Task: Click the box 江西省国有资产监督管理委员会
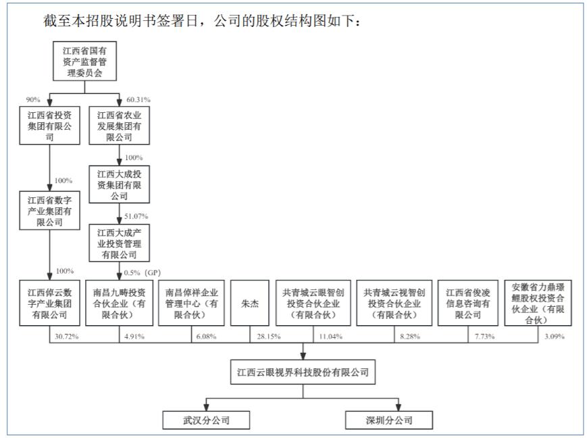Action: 84,62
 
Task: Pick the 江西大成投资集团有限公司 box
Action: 119,185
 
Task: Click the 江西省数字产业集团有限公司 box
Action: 49,211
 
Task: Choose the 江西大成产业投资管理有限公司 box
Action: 119,243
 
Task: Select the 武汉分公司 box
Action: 206,420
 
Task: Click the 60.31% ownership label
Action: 138,100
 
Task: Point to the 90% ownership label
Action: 34,100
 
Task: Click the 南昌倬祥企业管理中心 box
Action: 192,304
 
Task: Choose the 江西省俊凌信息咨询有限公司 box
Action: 468,304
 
